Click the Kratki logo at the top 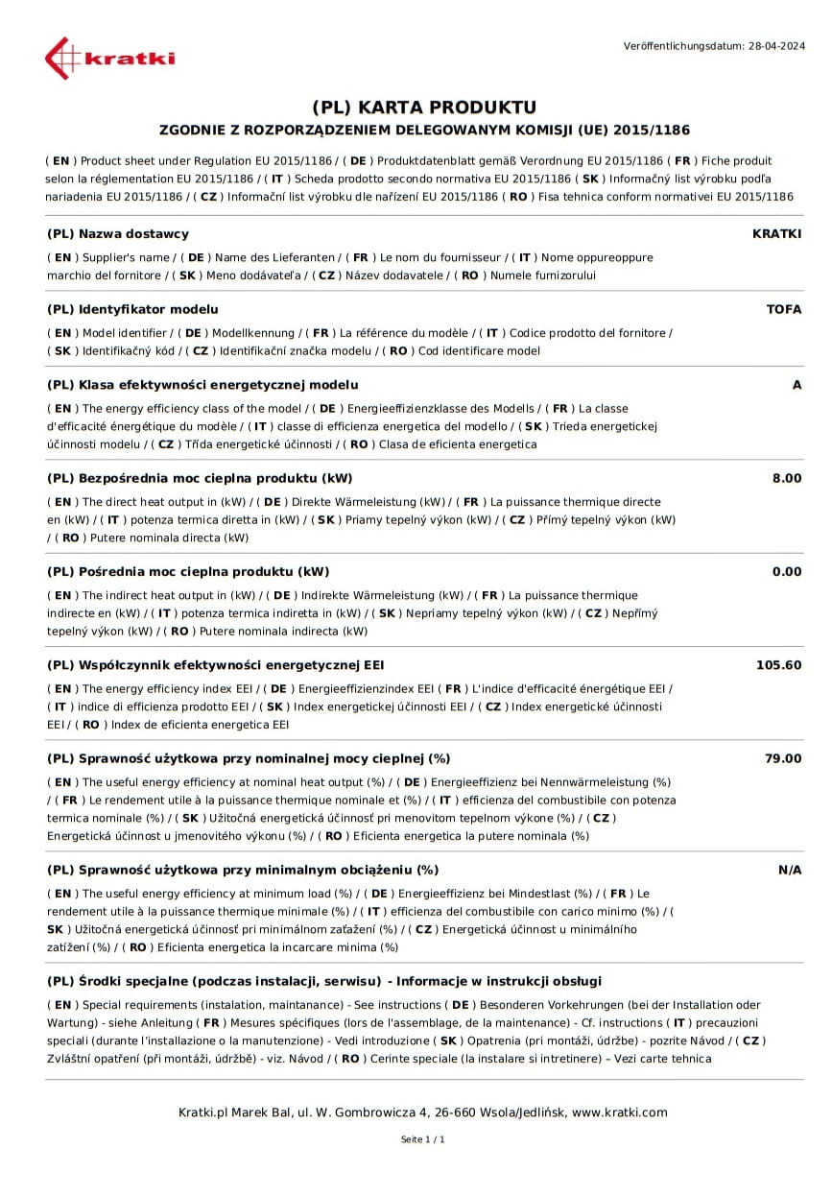pyautogui.click(x=109, y=58)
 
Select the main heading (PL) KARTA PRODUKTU pyautogui.click(x=423, y=107)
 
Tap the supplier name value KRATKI pyautogui.click(x=776, y=233)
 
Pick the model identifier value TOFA pyautogui.click(x=783, y=309)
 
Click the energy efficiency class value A pyautogui.click(x=796, y=384)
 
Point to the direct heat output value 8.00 pyautogui.click(x=786, y=478)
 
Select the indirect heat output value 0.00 pyautogui.click(x=786, y=571)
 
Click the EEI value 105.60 pyautogui.click(x=778, y=664)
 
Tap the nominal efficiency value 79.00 pyautogui.click(x=782, y=757)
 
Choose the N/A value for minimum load pyautogui.click(x=789, y=870)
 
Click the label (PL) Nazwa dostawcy pyautogui.click(x=118, y=233)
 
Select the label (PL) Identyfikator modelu pyautogui.click(x=132, y=309)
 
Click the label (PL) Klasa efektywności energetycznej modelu pyautogui.click(x=202, y=384)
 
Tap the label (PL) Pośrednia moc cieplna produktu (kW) pyautogui.click(x=188, y=571)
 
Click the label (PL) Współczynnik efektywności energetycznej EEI pyautogui.click(x=216, y=664)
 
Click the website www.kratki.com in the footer pyautogui.click(x=619, y=1112)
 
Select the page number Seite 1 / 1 pyautogui.click(x=423, y=1139)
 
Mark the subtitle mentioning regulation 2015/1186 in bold pyautogui.click(x=423, y=130)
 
